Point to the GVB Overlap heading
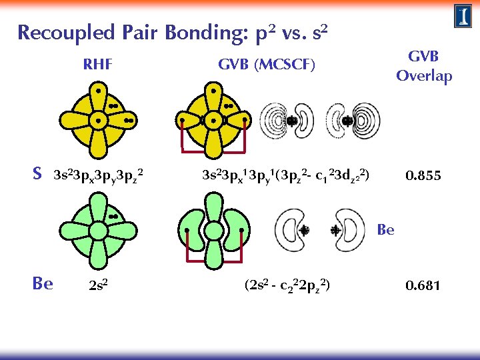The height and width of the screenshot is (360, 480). tap(424, 66)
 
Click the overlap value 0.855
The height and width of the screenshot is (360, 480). tap(424, 177)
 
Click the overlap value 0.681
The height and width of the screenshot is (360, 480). tap(424, 285)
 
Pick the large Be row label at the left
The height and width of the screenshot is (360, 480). tap(43, 283)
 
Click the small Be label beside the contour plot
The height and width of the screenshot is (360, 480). tap(385, 231)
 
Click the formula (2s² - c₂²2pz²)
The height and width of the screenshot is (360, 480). tap(287, 286)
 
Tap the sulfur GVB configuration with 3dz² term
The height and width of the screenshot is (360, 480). tap(286, 177)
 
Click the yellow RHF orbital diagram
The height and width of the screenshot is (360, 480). tap(98, 120)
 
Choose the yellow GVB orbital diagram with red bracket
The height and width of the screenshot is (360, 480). tap(213, 120)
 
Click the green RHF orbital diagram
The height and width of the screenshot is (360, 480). tap(98, 230)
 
